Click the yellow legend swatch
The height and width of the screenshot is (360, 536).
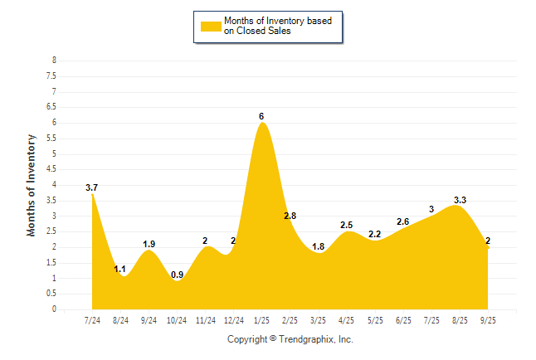coord(211,26)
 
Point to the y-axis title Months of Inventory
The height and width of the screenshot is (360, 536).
coord(32,185)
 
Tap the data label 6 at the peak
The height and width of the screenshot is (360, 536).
coord(261,116)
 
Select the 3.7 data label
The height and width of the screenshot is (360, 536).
coord(91,188)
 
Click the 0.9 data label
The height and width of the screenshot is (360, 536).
coord(177,275)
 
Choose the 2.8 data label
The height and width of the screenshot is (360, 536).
coord(290,216)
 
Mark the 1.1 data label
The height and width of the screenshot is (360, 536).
coord(119,270)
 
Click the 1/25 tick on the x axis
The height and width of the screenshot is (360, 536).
coord(261,319)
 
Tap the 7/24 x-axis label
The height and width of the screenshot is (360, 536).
coord(92,319)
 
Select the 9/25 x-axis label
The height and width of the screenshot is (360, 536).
coord(488,319)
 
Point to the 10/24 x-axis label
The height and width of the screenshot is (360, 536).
coord(177,319)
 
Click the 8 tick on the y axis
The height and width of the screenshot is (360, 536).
coord(54,61)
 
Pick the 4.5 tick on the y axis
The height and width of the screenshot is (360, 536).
coord(51,169)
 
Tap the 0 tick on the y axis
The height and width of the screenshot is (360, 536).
coord(54,309)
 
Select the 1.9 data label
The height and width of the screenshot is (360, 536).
coord(149,244)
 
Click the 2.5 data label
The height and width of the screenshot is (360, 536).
coord(347,226)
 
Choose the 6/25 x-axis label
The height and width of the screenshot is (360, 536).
coord(403,319)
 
